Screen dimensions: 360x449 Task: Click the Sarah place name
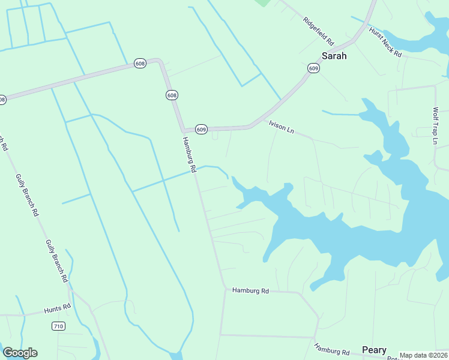point(334,56)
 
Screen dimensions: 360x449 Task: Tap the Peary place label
point(374,350)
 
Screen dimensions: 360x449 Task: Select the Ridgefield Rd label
point(318,31)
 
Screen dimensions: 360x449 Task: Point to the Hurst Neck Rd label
point(385,41)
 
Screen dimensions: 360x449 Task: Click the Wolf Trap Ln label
point(436,126)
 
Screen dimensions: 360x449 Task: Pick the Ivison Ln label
point(282,127)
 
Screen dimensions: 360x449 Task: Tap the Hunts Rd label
point(58,310)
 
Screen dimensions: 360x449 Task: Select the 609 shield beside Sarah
point(314,68)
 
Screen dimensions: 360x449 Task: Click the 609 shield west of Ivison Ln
point(202,130)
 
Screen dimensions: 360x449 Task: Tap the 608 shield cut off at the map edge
point(2,100)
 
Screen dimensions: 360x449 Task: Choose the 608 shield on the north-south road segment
point(172,95)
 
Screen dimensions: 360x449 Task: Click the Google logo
point(20,353)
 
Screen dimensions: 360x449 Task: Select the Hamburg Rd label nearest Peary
point(331,350)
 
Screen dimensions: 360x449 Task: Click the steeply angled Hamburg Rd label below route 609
point(189,154)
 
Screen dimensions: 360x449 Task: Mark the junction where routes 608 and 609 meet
point(182,130)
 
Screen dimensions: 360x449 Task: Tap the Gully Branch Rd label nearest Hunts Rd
point(56,260)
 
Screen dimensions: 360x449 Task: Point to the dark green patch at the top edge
point(262,2)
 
